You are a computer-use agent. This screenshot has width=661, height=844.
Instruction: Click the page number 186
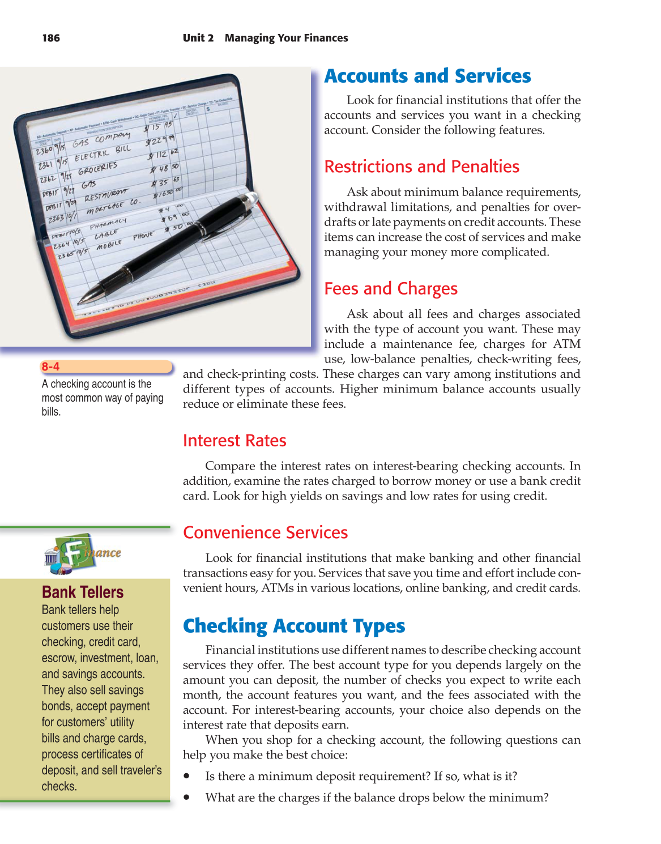pyautogui.click(x=50, y=38)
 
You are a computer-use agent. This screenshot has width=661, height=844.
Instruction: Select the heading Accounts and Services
pyautogui.click(x=427, y=76)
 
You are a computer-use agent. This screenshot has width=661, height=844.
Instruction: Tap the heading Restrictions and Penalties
pyautogui.click(x=421, y=167)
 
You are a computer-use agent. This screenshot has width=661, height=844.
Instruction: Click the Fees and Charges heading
pyautogui.click(x=390, y=289)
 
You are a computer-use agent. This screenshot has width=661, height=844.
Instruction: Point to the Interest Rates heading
pyautogui.click(x=234, y=441)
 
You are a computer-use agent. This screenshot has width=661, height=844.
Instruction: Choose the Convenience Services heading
pyautogui.click(x=265, y=532)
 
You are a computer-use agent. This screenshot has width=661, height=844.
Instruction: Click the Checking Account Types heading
pyautogui.click(x=293, y=626)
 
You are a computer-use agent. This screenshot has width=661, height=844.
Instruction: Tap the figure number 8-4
pyautogui.click(x=50, y=366)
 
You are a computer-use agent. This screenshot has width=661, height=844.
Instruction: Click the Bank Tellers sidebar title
pyautogui.click(x=83, y=592)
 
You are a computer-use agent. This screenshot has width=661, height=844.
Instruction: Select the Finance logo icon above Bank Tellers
pyautogui.click(x=82, y=553)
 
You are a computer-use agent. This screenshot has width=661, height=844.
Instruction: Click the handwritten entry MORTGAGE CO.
pyautogui.click(x=112, y=207)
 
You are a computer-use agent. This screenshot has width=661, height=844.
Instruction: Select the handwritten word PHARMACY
pyautogui.click(x=108, y=223)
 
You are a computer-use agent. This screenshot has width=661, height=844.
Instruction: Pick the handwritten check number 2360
pyautogui.click(x=44, y=151)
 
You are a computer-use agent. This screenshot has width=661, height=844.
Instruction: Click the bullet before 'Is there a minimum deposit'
pyautogui.click(x=186, y=776)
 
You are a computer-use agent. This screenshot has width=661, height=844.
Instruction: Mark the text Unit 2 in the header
pyautogui.click(x=198, y=38)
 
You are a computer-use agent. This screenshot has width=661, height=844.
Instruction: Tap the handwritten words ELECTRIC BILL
pyautogui.click(x=103, y=153)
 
